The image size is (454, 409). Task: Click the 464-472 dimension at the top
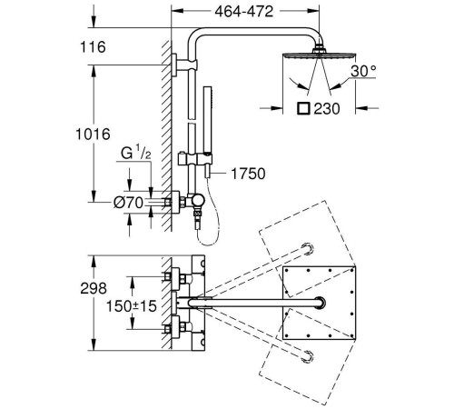244,12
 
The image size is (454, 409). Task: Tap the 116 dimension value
93,47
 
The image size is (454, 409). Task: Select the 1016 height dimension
93,135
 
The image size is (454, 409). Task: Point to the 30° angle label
363,71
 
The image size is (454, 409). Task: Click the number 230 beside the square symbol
327,108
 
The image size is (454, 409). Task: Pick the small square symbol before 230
303,108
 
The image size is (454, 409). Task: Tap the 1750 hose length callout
248,174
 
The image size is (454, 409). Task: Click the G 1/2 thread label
136,153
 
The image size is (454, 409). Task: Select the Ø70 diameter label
128,203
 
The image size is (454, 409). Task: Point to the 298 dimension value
94,288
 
